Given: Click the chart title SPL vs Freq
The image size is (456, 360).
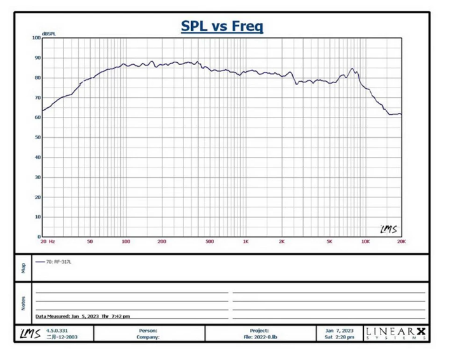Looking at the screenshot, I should pos(222,26).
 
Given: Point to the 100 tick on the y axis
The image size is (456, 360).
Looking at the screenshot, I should pos(36,38).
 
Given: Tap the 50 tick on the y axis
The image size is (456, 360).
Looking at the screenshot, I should pos(37,137).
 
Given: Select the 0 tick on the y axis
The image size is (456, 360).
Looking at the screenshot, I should pos(39,237).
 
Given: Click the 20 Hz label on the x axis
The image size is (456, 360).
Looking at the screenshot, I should pos(48,242).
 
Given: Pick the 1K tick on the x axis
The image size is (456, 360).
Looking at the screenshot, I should pos(246,242).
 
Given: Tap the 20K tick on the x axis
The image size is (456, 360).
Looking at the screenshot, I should pos(400,242).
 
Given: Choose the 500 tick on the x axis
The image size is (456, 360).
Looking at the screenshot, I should pos(210,242).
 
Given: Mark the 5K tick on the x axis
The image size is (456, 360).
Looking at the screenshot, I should pos(329,242).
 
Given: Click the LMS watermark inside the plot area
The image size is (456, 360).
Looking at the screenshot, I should pos(389,229).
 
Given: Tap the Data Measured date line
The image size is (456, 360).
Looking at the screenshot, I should pos(84,316).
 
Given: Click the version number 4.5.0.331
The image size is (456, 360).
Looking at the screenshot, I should pos(57,330).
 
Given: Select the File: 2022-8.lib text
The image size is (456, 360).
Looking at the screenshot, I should pos(260,337).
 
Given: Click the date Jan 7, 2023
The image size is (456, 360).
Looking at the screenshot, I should pos(339,330).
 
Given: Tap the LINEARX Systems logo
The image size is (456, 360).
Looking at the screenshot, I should pos(394,333).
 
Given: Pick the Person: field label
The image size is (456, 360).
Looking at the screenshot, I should pos(147,330).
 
